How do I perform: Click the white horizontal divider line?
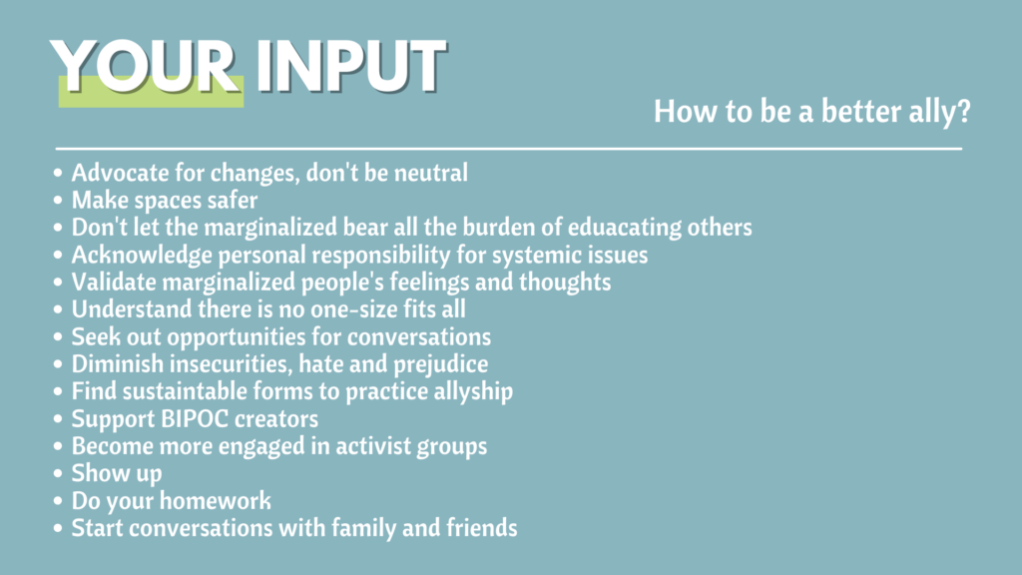(508, 149)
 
